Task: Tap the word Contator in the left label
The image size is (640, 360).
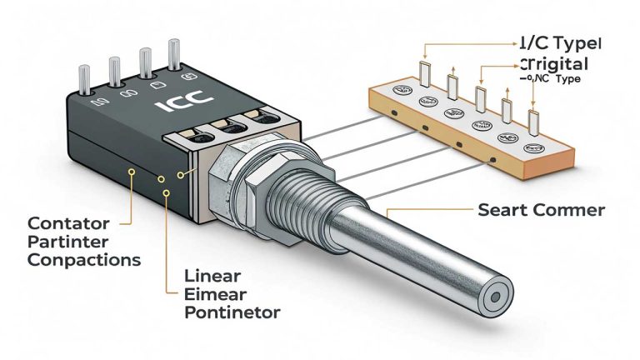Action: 63,224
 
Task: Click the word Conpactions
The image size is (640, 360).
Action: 83,259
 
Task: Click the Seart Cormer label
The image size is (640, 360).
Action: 541,210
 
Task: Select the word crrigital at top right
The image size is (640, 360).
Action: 553,64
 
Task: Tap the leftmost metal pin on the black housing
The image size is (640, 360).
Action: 85,80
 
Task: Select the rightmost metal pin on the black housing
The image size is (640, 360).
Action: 175,55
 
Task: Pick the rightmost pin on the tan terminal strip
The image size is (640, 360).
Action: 533,122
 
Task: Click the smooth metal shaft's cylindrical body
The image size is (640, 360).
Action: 417,250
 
